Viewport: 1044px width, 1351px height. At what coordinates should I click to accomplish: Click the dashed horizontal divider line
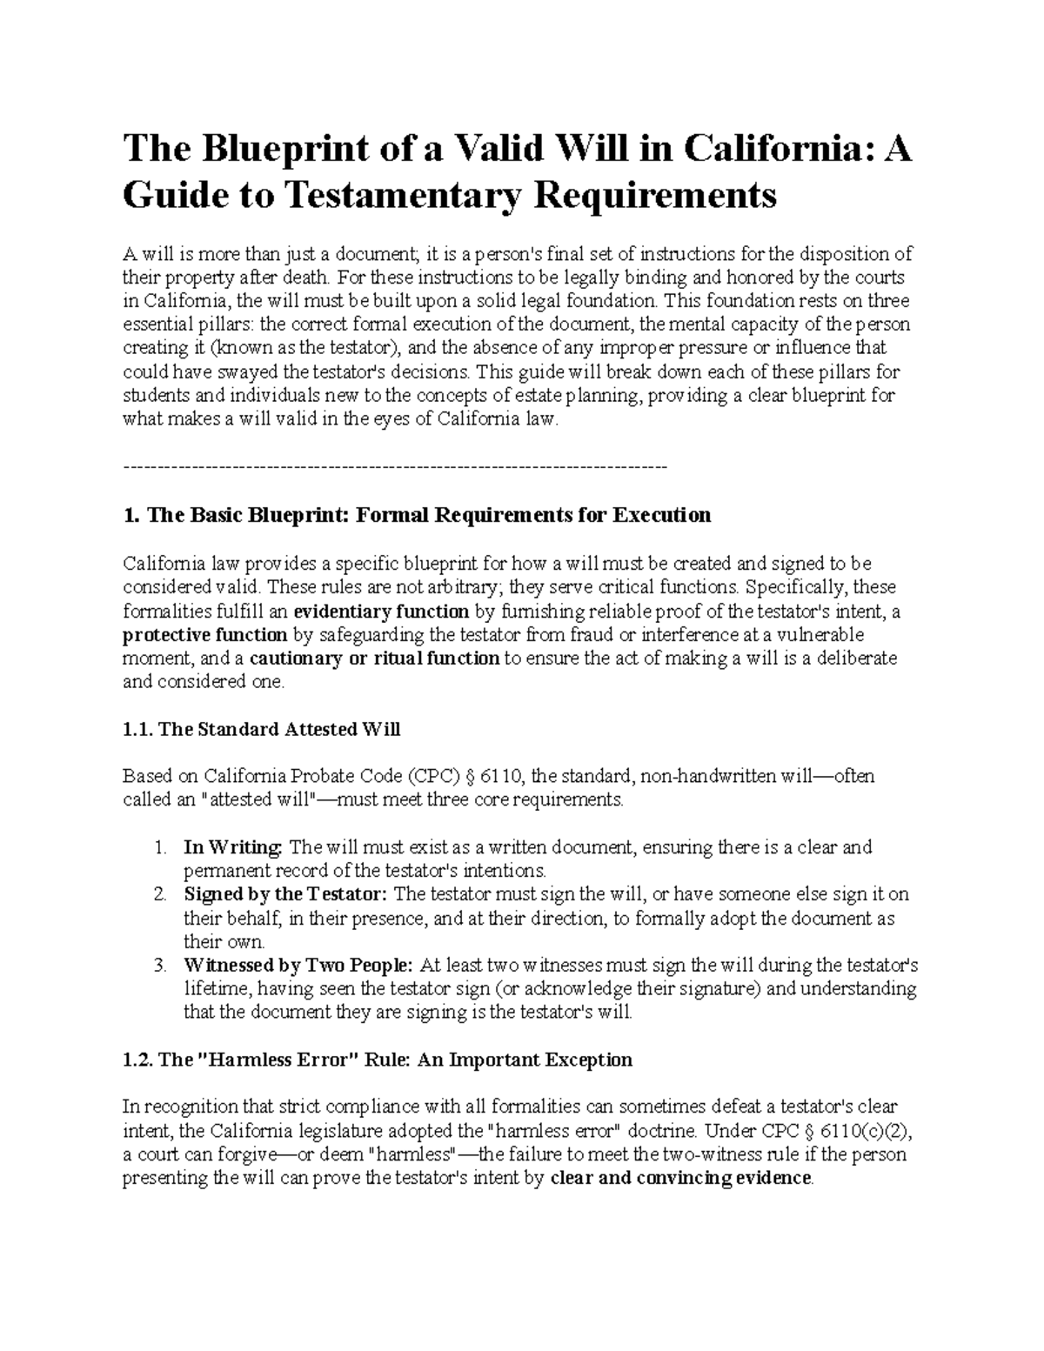[396, 468]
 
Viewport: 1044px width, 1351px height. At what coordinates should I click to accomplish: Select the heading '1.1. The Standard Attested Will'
[262, 729]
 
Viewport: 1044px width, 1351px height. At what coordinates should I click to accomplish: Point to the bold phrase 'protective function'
[205, 634]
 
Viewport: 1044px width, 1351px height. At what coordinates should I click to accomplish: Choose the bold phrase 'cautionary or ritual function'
[374, 658]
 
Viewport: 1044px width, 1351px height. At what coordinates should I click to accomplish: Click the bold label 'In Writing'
[232, 847]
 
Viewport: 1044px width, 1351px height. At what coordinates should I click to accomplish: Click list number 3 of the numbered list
[158, 965]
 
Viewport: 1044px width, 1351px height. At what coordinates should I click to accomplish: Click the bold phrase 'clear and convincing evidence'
[681, 1179]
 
